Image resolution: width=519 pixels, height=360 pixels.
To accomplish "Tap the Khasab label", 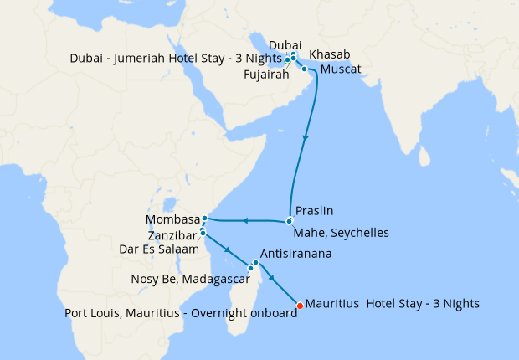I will [x=329, y=54].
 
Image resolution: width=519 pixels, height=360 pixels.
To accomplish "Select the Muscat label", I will [x=341, y=69].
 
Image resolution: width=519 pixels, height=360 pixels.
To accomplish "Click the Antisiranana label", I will [x=301, y=253].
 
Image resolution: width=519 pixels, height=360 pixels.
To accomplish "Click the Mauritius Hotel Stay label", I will [x=393, y=303].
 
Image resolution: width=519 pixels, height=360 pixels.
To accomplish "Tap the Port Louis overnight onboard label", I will [x=181, y=314].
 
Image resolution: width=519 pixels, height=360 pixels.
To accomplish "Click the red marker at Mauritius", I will [x=300, y=304].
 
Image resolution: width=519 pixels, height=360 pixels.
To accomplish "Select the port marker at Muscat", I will [x=305, y=69].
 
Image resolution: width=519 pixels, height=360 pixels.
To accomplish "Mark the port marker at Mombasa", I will [x=205, y=219].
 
